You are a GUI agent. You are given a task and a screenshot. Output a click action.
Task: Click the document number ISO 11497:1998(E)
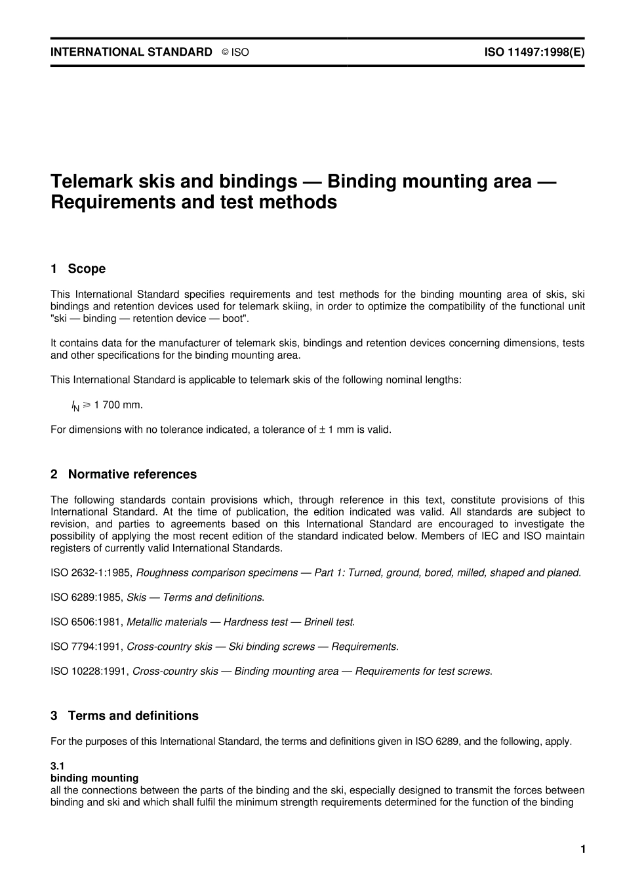534,52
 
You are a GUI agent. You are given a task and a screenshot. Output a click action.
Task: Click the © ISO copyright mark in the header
235,52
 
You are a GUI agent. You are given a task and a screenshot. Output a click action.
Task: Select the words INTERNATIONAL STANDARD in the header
131,52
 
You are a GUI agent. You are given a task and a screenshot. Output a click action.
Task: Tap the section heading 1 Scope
78,269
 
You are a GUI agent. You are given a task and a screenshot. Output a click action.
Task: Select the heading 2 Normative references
123,474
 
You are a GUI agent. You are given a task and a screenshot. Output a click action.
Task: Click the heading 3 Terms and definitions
125,715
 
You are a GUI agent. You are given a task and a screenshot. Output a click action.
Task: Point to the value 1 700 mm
118,405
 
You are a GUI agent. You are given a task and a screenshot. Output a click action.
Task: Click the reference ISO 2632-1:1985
90,572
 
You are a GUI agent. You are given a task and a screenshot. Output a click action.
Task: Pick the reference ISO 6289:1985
86,597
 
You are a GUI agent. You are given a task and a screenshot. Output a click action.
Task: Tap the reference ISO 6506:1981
86,622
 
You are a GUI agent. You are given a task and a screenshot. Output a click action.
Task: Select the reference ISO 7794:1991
86,647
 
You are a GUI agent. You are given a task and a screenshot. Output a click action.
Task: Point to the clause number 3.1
57,766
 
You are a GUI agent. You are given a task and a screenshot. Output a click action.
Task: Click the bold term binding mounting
94,778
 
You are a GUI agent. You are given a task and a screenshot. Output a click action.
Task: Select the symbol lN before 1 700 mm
75,406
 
